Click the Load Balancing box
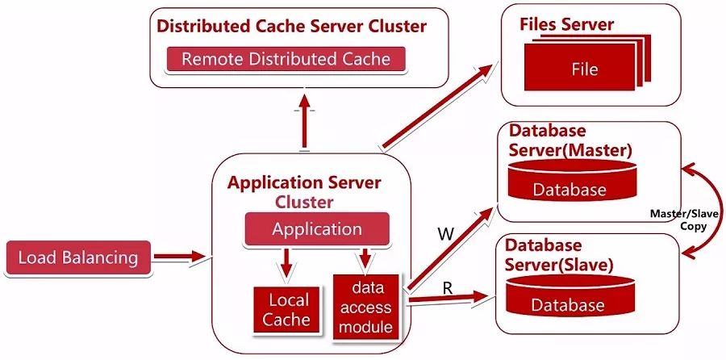pos(77,258)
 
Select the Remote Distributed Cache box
pos(286,59)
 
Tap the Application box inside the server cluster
pos(316,228)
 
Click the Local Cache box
pos(288,310)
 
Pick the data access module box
pos(365,307)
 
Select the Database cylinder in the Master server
pos(569,182)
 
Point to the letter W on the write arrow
pos(445,234)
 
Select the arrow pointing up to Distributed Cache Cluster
pos(305,121)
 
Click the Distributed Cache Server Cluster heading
pos(291,26)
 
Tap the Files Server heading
pos(566,24)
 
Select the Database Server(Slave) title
pos(559,254)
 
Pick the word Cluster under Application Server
pos(303,201)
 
